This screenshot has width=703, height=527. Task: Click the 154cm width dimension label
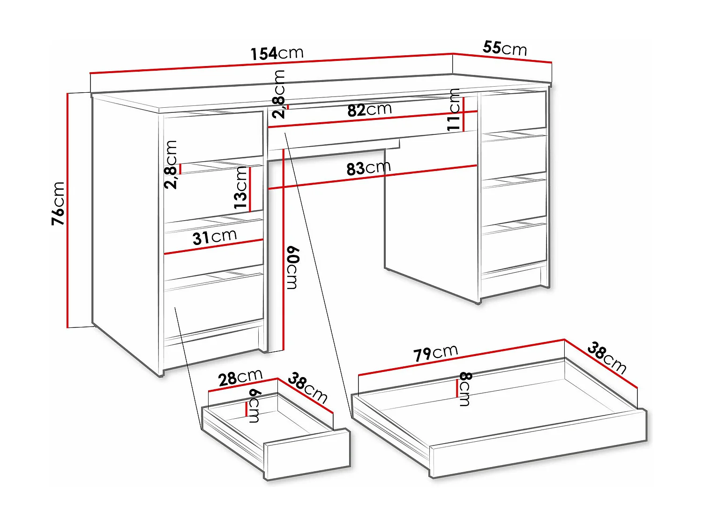click(277, 53)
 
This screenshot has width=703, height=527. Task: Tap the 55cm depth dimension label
click(505, 48)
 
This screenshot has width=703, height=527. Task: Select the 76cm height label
click(58, 203)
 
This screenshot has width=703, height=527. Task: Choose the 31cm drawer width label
click(215, 237)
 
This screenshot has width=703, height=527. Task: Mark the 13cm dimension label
click(241, 188)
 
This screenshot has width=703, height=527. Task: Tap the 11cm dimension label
click(454, 110)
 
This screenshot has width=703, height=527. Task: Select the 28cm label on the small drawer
click(240, 378)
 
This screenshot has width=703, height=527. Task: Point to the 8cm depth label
click(465, 389)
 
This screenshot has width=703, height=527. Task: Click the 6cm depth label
click(254, 406)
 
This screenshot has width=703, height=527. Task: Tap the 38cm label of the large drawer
click(606, 357)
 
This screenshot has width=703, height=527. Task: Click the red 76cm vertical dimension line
click(68, 211)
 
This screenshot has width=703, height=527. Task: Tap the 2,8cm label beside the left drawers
click(171, 164)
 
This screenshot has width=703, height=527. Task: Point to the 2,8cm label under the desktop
click(279, 94)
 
